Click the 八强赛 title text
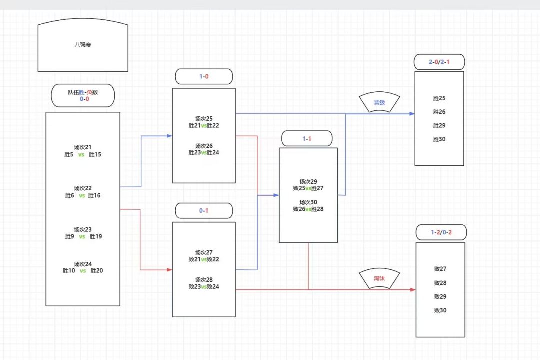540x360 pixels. [83, 45]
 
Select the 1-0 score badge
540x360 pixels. [204, 76]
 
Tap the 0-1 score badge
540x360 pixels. [204, 211]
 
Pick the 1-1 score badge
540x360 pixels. [307, 139]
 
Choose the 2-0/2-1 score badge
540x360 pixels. [439, 62]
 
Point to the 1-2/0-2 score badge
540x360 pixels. [441, 232]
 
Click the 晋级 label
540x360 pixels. [379, 102]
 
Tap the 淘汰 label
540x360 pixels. [379, 278]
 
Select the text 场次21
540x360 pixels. [83, 147]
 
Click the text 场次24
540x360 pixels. [83, 264]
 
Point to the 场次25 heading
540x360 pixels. [204, 119]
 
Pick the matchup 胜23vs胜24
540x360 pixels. [204, 152]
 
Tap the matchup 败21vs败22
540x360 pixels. [204, 259]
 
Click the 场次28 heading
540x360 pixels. [204, 280]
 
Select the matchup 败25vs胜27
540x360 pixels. [308, 188]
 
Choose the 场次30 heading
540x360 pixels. [308, 202]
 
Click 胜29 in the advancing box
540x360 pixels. [439, 125]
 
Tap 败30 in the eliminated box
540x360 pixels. [440, 310]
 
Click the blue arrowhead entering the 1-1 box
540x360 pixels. [276, 195]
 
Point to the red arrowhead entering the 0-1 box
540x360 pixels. [170, 270]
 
